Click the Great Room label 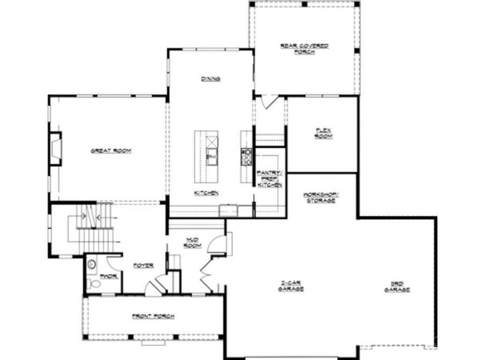(111, 151)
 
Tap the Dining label (211, 79)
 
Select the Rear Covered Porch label (304, 48)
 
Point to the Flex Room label (323, 133)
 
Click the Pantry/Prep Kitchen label (269, 179)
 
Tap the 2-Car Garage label (291, 286)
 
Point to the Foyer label (143, 265)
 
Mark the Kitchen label (206, 193)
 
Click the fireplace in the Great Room (55, 148)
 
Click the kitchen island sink (211, 158)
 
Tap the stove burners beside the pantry (245, 157)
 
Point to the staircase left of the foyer (90, 231)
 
